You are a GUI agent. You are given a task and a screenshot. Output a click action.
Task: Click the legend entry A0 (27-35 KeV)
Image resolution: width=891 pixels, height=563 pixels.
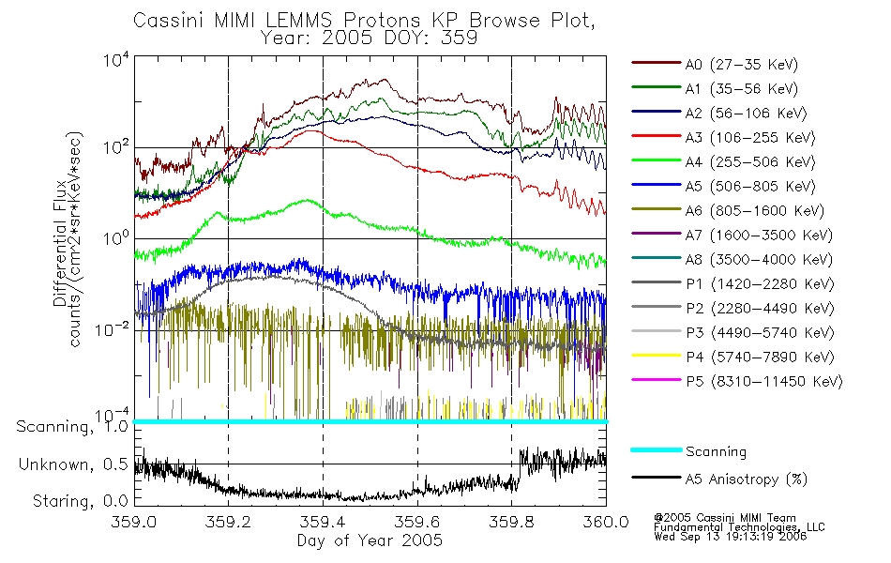742,64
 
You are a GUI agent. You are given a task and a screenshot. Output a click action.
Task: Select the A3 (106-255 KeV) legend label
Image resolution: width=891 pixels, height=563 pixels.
750,138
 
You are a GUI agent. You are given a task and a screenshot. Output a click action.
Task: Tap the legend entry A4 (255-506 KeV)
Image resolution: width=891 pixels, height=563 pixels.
750,162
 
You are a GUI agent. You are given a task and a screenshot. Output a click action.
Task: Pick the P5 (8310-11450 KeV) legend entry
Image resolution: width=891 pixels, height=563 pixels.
764,381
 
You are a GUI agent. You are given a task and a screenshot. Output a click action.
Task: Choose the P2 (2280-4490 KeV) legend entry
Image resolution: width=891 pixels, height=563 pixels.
760,308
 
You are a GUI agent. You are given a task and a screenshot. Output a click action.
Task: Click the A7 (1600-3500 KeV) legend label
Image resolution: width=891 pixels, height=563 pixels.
759,235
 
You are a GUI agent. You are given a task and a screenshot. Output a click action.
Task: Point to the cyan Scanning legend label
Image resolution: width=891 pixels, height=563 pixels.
716,451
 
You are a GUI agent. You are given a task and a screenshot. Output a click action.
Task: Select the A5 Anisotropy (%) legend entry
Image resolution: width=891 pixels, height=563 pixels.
747,479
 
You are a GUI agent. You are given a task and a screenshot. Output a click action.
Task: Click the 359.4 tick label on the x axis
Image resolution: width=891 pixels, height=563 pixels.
324,522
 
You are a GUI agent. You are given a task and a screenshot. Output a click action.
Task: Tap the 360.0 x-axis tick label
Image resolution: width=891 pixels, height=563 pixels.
606,522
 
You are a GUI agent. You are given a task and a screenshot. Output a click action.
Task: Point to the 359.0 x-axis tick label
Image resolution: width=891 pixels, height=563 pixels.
134,522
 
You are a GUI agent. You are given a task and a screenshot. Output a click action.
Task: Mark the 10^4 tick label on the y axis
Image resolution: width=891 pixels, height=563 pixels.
116,59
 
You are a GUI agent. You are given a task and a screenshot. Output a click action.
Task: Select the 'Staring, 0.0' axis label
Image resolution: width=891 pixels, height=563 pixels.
80,501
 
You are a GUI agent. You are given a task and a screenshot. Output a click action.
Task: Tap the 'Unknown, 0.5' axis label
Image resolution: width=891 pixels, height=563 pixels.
73,464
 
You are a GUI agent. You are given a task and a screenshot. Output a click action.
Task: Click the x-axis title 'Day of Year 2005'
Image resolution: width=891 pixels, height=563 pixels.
370,540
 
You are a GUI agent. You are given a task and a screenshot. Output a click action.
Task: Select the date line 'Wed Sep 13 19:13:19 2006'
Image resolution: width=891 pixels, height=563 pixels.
731,537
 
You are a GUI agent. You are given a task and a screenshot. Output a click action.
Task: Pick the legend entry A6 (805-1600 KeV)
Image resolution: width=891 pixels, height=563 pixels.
755,211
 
